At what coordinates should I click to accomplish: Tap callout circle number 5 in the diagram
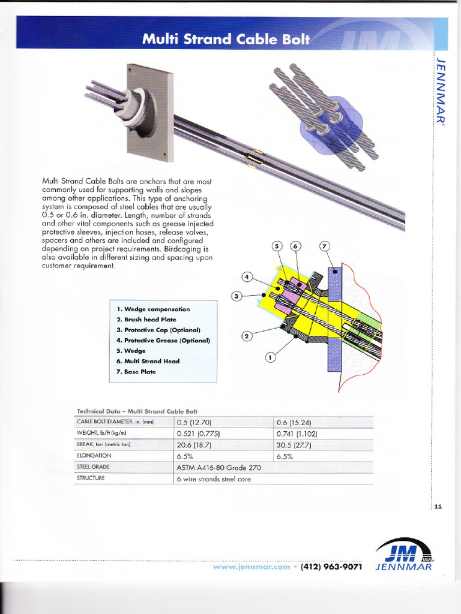(x=277, y=246)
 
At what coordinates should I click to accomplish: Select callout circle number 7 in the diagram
(x=324, y=246)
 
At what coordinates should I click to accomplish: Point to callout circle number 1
(x=270, y=358)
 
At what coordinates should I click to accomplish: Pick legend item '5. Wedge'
(x=131, y=351)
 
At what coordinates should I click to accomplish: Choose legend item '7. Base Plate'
(x=136, y=372)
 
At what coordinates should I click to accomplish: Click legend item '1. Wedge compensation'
(x=153, y=309)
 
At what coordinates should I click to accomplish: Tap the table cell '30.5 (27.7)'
(x=294, y=445)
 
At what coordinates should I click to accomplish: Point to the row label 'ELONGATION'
(x=94, y=456)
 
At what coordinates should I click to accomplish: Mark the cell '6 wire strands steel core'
(x=214, y=478)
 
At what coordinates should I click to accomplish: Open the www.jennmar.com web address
(x=252, y=566)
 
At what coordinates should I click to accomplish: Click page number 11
(x=438, y=507)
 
